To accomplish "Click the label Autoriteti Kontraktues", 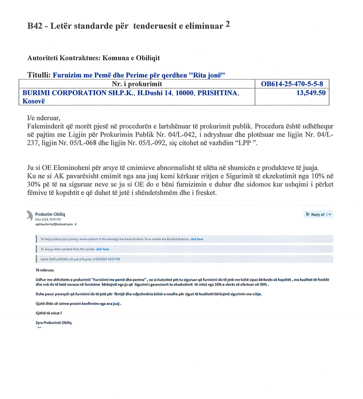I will pos(62,58).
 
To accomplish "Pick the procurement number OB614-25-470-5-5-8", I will pos(292,84).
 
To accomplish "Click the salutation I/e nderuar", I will pos(44,118).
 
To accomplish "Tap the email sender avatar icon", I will pos(30,215).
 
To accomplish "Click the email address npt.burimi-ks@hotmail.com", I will pos(54,224).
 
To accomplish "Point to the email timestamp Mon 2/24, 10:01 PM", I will pos(49,219).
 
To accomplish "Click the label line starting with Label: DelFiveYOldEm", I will pos(80,259).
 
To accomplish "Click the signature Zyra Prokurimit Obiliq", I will pos(54,322).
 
